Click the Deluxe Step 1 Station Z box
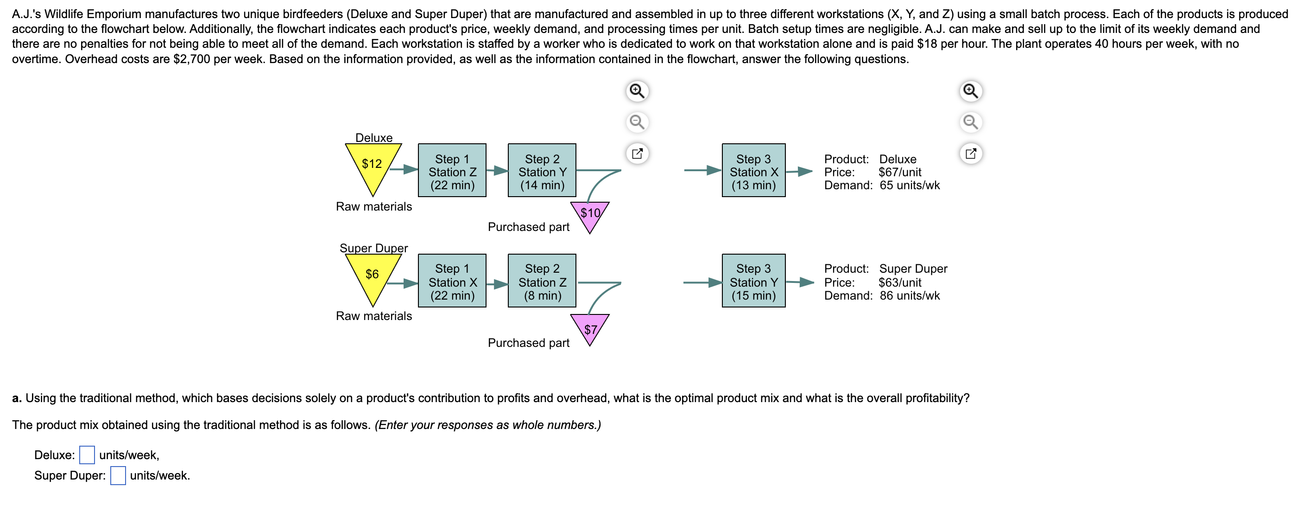pyautogui.click(x=452, y=171)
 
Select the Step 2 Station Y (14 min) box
pyautogui.click(x=542, y=171)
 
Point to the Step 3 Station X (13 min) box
pyautogui.click(x=753, y=171)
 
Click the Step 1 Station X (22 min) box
pyautogui.click(x=452, y=281)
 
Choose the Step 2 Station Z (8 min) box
pyautogui.click(x=542, y=281)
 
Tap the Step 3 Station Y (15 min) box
pyautogui.click(x=753, y=281)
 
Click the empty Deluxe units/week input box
pyautogui.click(x=87, y=455)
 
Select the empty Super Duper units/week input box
pyautogui.click(x=118, y=475)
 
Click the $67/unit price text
pyautogui.click(x=900, y=173)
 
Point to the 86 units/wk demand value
pyautogui.click(x=909, y=296)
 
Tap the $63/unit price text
pyautogui.click(x=900, y=283)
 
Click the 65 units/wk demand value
pyautogui.click(x=909, y=186)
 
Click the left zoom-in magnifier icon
pyautogui.click(x=637, y=91)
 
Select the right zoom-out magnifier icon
pyautogui.click(x=970, y=122)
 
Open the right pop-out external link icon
pyautogui.click(x=970, y=153)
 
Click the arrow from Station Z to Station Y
pyautogui.click(x=497, y=171)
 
